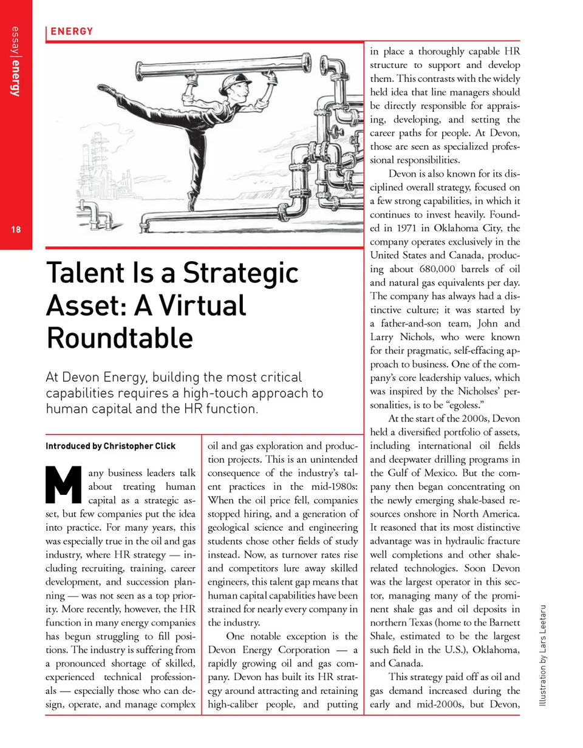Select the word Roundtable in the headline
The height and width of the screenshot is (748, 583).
(x=120, y=338)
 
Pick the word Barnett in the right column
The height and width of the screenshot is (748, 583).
(x=500, y=622)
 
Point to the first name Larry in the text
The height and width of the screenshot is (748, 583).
(x=383, y=337)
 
